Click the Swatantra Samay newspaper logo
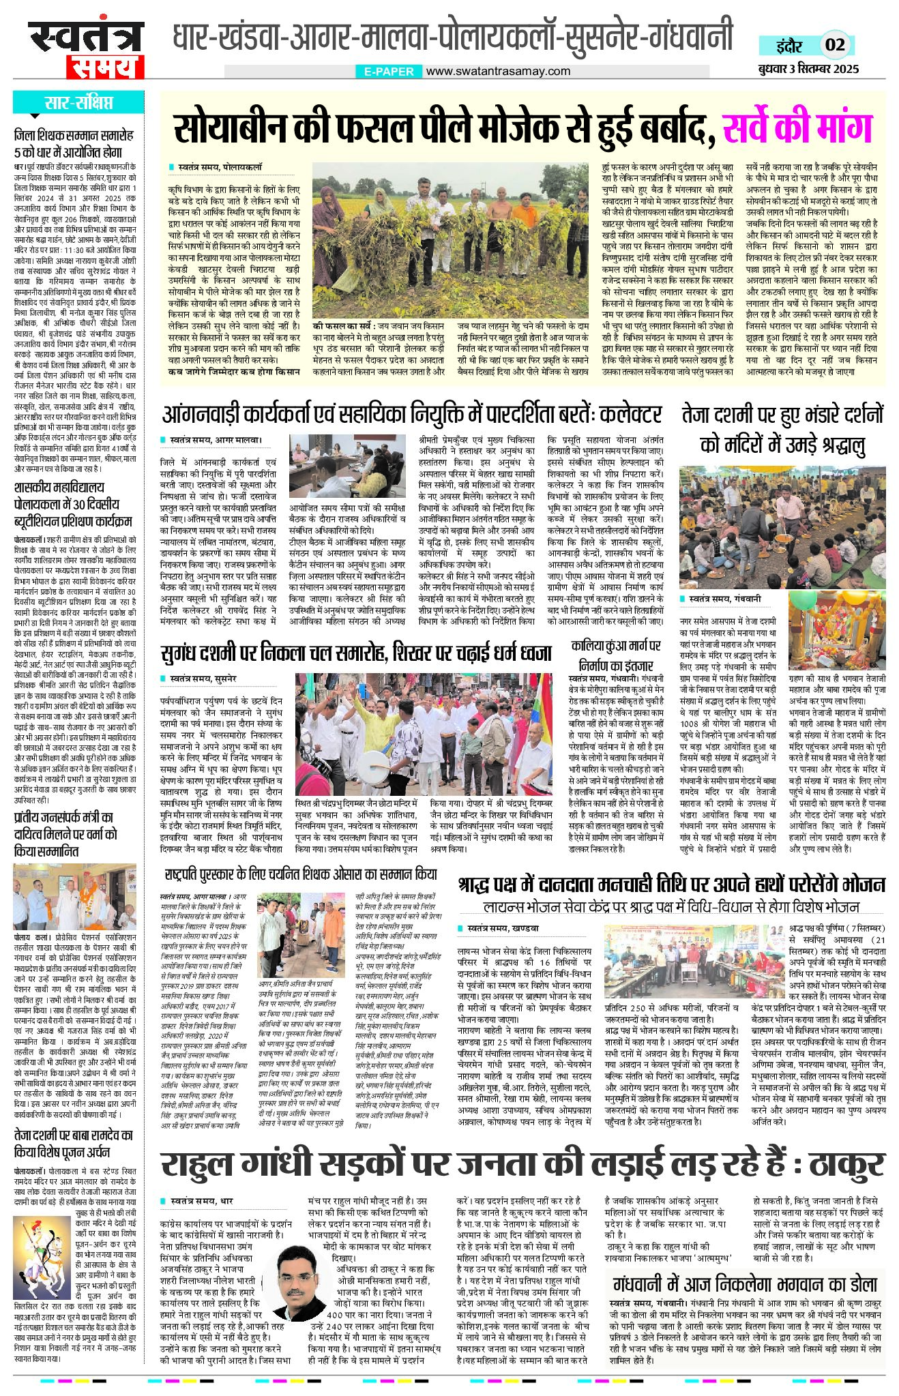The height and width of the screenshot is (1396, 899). click(86, 50)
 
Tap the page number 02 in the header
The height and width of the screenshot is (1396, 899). click(835, 46)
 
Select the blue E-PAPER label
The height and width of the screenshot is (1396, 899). click(389, 71)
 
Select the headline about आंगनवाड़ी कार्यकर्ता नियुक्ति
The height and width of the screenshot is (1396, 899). click(411, 414)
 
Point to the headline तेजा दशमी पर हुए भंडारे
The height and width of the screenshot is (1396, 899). click(782, 430)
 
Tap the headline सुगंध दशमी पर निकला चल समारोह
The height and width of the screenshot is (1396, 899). click(355, 653)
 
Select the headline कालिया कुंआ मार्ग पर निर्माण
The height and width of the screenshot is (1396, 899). click(616, 655)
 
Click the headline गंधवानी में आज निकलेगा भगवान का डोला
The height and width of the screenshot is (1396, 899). click(744, 1283)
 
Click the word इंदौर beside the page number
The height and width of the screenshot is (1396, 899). click(790, 46)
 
